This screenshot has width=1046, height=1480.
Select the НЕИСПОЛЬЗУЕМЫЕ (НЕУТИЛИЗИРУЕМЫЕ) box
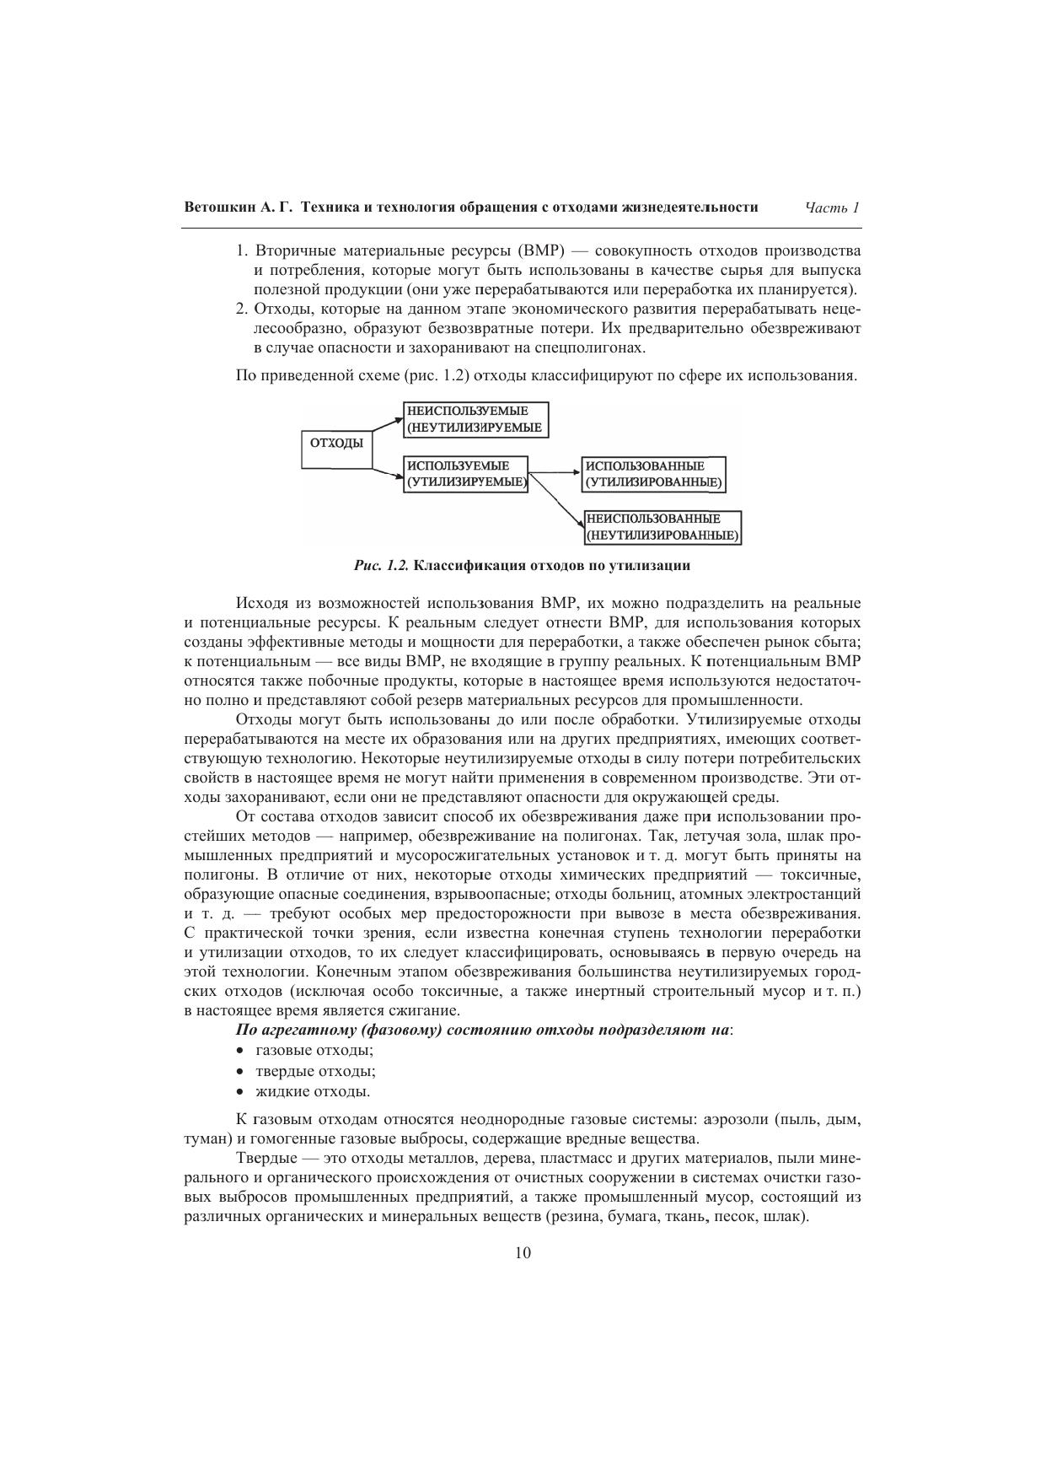pyautogui.click(x=476, y=419)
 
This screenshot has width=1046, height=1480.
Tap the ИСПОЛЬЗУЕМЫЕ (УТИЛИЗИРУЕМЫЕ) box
pyautogui.click(x=466, y=474)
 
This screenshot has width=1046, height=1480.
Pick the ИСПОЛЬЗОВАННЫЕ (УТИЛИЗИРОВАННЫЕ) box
pyautogui.click(x=653, y=474)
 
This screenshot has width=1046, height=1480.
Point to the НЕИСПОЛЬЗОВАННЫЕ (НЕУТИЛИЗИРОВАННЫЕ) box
pyautogui.click(x=662, y=528)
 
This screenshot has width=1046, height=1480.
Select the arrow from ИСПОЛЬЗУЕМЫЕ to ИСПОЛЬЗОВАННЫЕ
pyautogui.click(x=555, y=473)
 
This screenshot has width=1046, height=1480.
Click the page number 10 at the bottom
pyautogui.click(x=523, y=1253)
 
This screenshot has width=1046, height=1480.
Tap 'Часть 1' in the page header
pyautogui.click(x=831, y=207)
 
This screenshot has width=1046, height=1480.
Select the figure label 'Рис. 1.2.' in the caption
pyautogui.click(x=382, y=566)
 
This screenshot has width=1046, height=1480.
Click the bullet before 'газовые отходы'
pyautogui.click(x=240, y=1051)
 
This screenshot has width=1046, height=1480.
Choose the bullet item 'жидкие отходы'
pyautogui.click(x=313, y=1092)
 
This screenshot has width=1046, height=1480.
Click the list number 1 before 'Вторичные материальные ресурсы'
pyautogui.click(x=240, y=251)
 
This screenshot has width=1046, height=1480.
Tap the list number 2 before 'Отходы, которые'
pyautogui.click(x=240, y=309)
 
